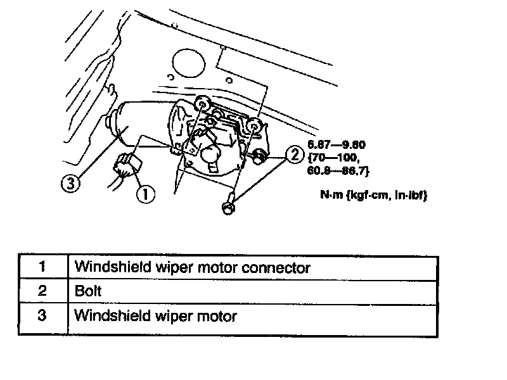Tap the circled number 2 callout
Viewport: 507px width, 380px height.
pos(293,153)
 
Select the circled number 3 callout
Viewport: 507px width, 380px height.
pos(70,184)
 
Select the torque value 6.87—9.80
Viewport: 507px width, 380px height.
pos(337,144)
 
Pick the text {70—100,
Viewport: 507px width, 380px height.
pos(333,158)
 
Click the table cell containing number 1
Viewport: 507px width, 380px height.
pos(42,267)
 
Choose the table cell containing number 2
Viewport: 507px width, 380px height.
pos(42,291)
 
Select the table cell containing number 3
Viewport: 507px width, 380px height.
pos(42,315)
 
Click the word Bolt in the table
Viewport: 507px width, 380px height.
pos(88,292)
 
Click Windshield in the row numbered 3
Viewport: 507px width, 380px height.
pos(106,315)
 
